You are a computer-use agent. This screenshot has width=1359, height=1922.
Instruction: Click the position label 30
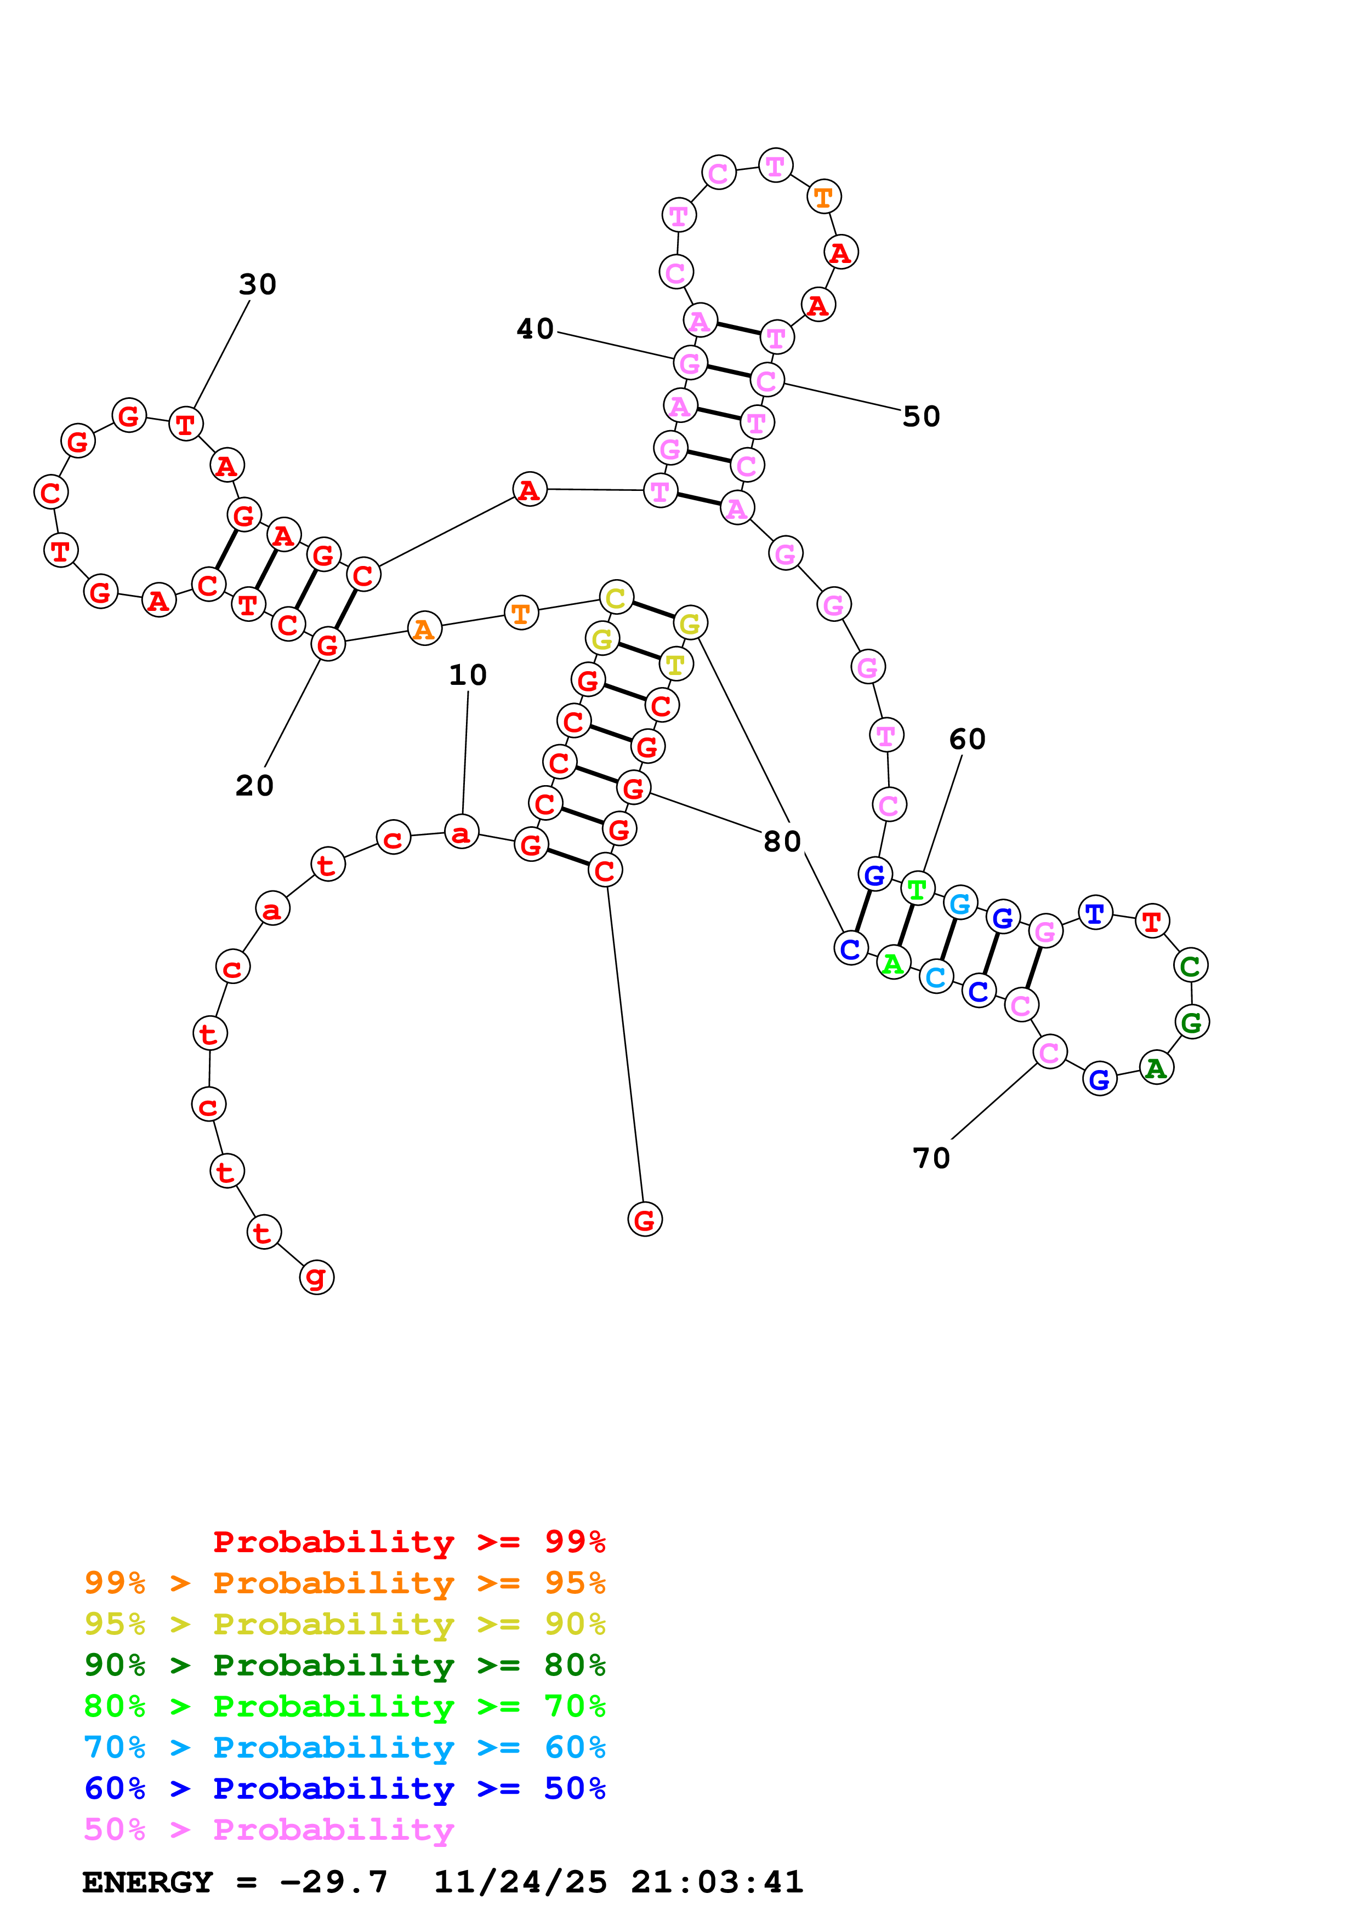click(x=257, y=284)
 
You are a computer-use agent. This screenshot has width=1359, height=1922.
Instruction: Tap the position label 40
click(x=535, y=329)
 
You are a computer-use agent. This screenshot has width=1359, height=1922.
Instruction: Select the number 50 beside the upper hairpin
click(x=921, y=416)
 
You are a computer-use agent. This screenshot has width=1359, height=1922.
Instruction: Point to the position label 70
click(x=931, y=1158)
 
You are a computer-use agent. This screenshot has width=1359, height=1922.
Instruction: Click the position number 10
click(x=467, y=674)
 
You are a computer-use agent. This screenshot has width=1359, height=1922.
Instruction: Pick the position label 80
click(x=782, y=842)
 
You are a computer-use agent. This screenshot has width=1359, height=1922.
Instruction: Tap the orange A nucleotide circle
click(x=424, y=628)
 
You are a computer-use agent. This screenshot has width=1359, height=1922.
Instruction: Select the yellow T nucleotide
click(x=675, y=665)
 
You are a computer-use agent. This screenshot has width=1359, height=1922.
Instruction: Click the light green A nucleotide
click(x=894, y=964)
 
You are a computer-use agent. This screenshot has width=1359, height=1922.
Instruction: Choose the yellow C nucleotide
click(x=616, y=598)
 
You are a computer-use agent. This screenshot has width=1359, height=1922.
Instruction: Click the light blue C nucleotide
click(x=936, y=977)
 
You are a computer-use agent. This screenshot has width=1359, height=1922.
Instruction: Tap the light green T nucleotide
click(x=918, y=889)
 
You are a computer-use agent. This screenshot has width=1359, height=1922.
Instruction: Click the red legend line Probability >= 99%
click(x=408, y=1542)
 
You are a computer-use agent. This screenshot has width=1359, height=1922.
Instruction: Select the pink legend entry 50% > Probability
click(x=269, y=1829)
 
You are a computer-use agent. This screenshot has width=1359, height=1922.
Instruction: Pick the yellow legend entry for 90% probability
click(x=344, y=1624)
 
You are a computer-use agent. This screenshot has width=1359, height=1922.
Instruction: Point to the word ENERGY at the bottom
click(x=147, y=1882)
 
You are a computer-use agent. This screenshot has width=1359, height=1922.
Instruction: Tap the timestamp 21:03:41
click(x=717, y=1882)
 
